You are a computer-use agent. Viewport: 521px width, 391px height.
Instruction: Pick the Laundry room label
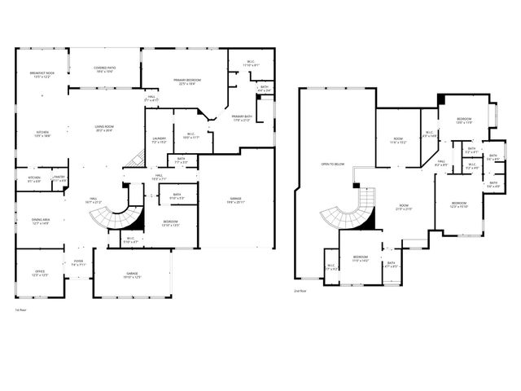click(x=159, y=138)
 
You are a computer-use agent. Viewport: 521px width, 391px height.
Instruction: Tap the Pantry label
click(x=59, y=178)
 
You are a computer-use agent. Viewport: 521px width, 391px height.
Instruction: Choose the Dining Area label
click(x=41, y=221)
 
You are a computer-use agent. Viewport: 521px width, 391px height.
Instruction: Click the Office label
click(x=39, y=273)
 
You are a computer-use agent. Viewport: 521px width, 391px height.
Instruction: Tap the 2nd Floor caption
click(x=301, y=291)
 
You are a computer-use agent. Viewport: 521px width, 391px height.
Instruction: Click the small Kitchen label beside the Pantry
click(x=34, y=178)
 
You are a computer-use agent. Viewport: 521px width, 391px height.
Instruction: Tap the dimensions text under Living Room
click(x=104, y=130)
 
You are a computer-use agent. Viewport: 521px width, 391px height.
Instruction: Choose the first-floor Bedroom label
click(x=170, y=222)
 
